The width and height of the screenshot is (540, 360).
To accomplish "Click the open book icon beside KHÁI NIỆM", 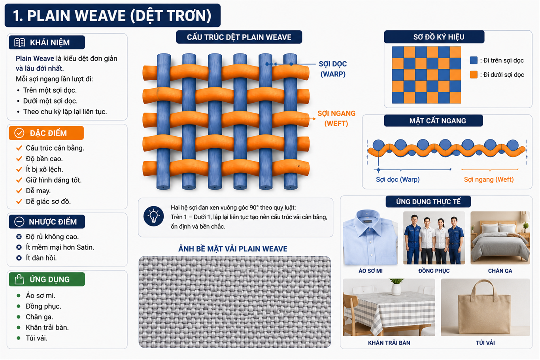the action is pos(19,42).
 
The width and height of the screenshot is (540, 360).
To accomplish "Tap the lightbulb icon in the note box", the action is pos(153,216).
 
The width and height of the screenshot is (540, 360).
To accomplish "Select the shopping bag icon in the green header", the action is pos(19,279).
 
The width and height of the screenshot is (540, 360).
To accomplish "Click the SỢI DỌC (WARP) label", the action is pos(333,69).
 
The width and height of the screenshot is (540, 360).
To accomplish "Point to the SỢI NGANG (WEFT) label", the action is pos(336,118).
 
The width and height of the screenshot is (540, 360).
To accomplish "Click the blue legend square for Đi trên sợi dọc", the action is pos(474,60).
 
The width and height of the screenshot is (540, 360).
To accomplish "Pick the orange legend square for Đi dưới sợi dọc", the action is pos(474,74).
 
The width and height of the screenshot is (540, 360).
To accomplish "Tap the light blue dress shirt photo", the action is pos(370,237).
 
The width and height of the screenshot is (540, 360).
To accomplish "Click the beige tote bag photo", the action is pos(485,307).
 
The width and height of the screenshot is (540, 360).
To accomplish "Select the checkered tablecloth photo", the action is pos(389,307).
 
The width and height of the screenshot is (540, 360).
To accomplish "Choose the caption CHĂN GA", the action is pos(500,271).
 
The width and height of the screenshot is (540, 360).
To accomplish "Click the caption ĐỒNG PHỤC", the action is pos(434,271).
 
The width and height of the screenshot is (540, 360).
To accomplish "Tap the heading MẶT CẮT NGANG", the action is pos(438,121).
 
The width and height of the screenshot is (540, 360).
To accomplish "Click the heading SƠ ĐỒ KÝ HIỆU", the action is pos(439,37).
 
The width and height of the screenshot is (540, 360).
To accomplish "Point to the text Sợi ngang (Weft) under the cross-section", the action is pos(489,179).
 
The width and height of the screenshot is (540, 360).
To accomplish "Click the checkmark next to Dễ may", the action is pos(19,191).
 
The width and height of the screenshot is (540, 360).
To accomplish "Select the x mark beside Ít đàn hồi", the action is pos(19,258).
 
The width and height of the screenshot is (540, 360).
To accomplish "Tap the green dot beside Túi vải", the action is pos(19,338).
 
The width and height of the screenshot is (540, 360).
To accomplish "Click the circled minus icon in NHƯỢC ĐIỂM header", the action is pos(19,222).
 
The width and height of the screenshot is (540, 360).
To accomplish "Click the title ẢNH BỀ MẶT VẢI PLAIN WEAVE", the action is pos(233,249).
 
